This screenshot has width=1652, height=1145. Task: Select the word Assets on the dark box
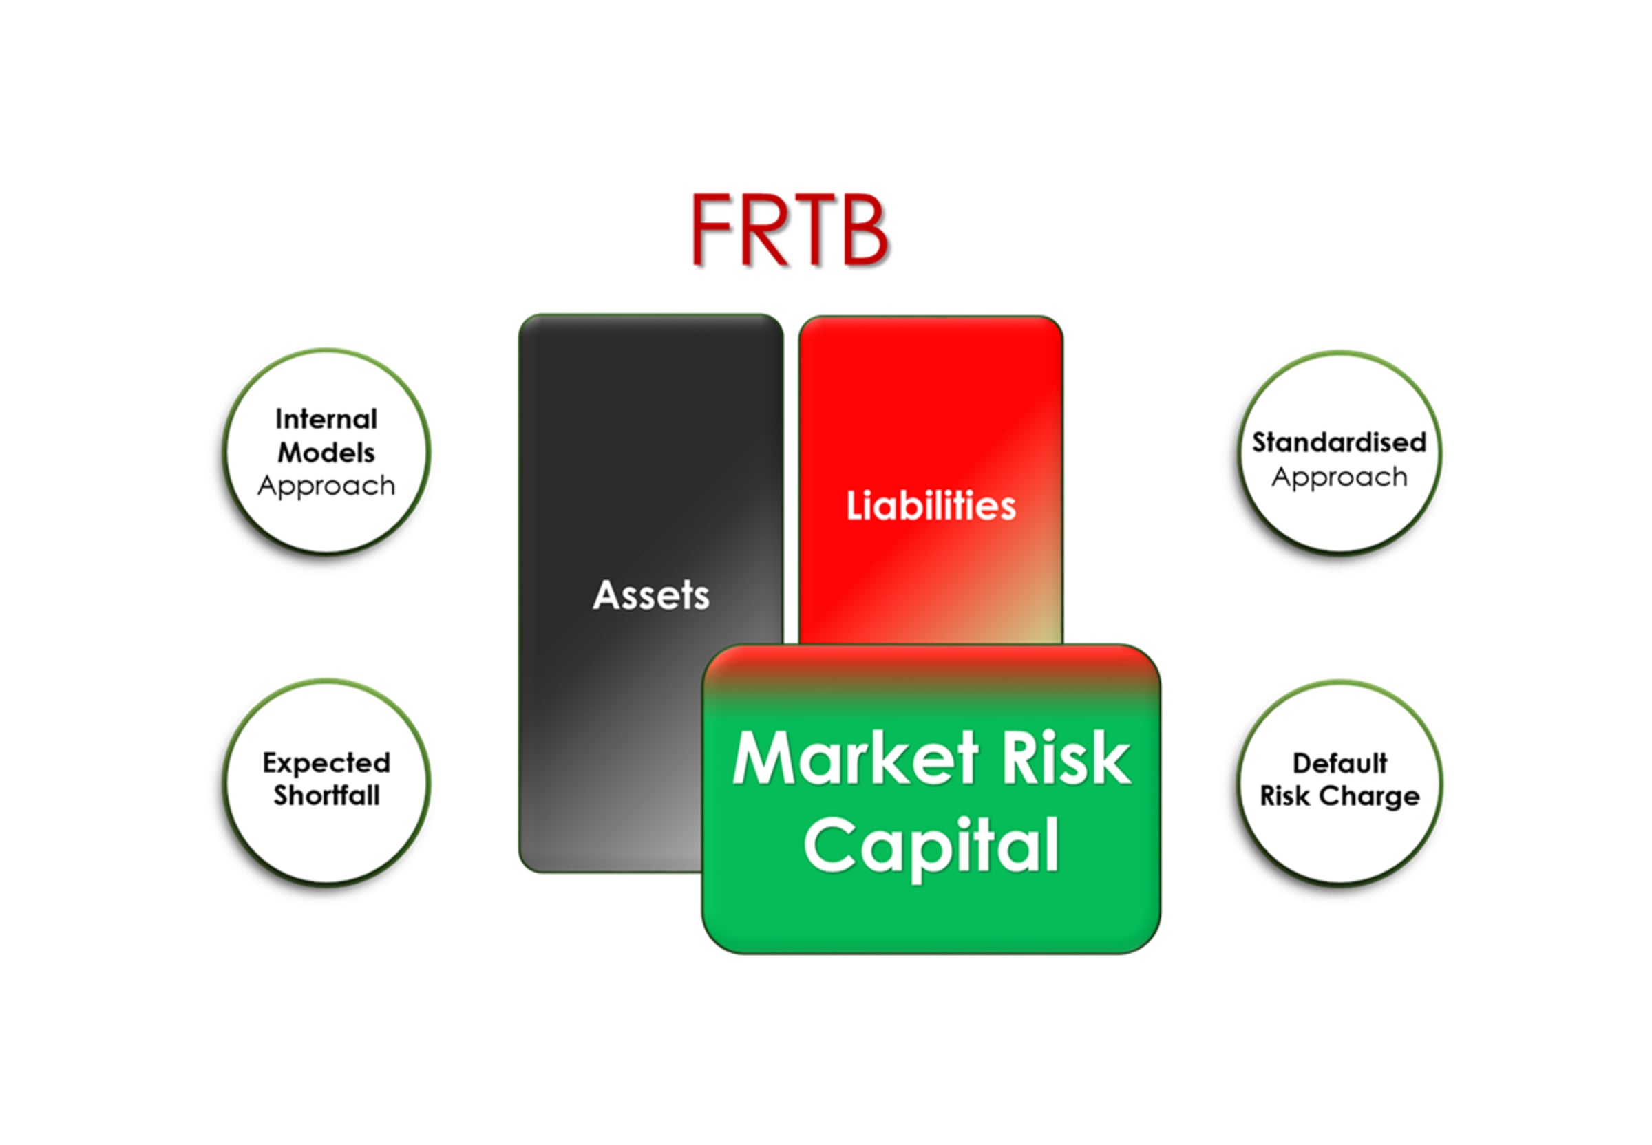click(651, 595)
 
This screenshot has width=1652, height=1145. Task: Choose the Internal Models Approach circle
click(327, 452)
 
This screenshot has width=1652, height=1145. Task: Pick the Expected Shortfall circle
click(327, 782)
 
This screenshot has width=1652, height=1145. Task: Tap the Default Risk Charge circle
click(1339, 782)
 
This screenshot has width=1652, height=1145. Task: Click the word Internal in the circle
click(326, 419)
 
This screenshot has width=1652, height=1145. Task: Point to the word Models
click(326, 453)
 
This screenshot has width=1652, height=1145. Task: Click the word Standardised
click(1339, 442)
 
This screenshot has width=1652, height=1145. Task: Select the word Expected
click(326, 762)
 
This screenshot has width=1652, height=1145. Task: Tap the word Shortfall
click(326, 795)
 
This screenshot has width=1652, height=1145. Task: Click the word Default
click(1339, 762)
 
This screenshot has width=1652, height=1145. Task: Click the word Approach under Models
click(326, 486)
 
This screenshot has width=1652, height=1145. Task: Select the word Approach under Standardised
click(1339, 477)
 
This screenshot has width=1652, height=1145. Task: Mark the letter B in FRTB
click(863, 230)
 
